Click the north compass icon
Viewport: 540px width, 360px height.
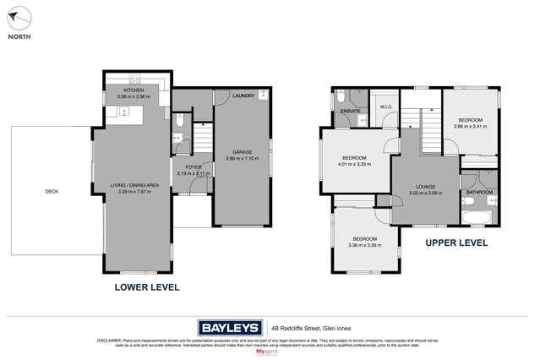[x=19, y=17]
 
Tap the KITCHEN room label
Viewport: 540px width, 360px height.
[x=134, y=90]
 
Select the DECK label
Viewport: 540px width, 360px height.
[x=52, y=192]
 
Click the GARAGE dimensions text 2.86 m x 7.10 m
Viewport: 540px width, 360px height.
[x=242, y=159]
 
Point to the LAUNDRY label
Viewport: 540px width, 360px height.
[x=243, y=96]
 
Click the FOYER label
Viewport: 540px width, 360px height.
[x=194, y=167]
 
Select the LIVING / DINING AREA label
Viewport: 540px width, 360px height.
[x=135, y=185]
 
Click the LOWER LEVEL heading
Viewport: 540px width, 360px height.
[x=147, y=287]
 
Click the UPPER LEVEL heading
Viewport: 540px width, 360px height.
[x=455, y=243]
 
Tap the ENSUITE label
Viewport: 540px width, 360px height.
[x=351, y=111]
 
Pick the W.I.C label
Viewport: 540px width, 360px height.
[x=385, y=107]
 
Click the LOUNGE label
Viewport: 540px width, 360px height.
[x=425, y=187]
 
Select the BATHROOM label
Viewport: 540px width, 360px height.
[x=479, y=193]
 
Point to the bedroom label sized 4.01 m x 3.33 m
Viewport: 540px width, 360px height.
[x=354, y=158]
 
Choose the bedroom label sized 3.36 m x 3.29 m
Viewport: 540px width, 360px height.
[x=364, y=239]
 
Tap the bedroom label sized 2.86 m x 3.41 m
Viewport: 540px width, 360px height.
[x=471, y=120]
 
